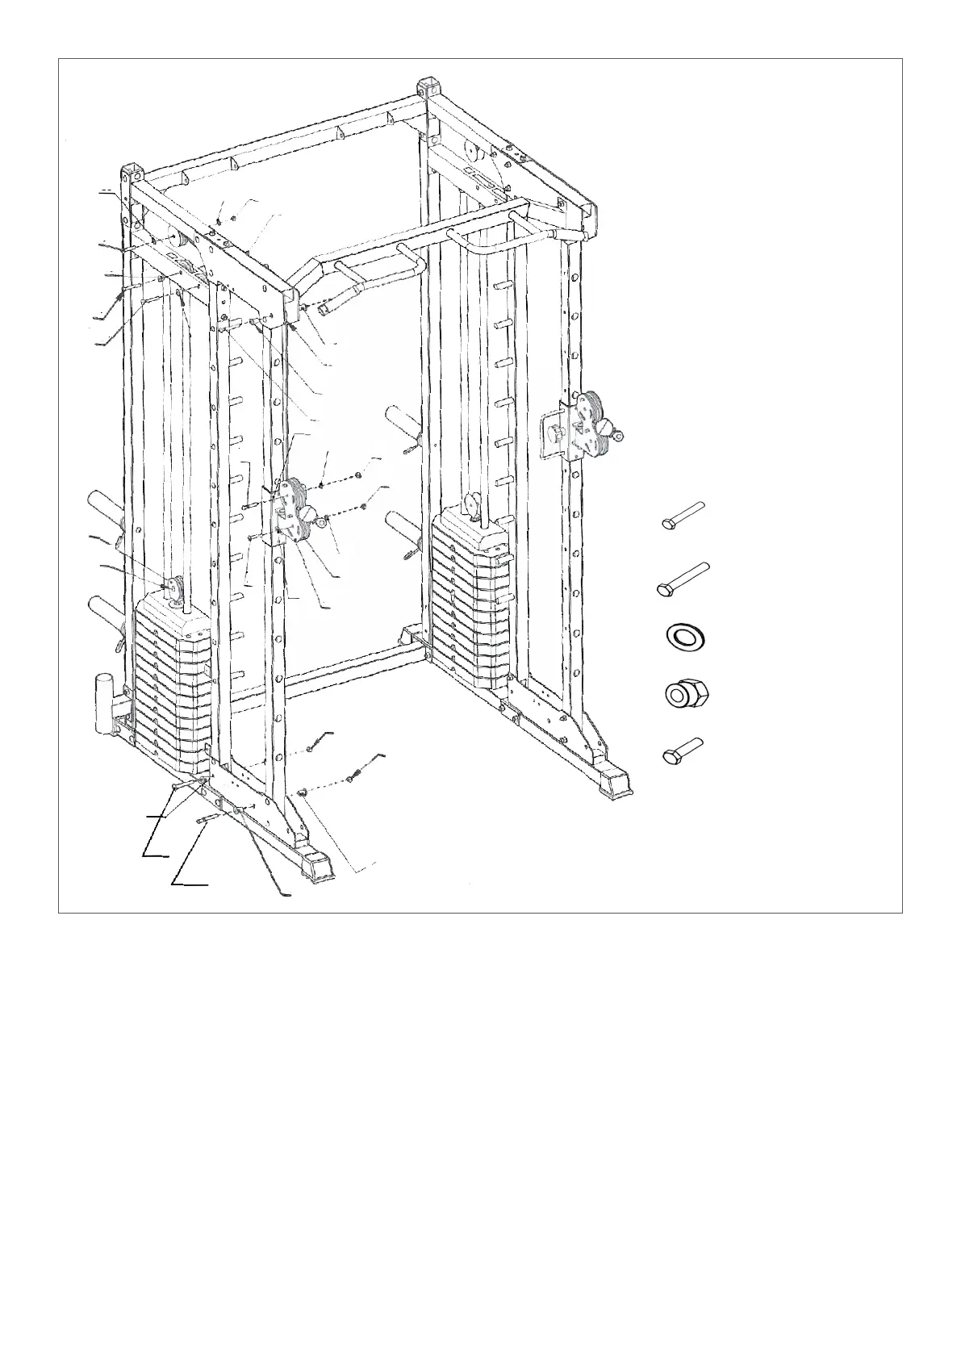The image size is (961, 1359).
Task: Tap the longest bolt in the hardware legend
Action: (683, 579)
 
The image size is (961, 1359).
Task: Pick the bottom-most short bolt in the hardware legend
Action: (682, 750)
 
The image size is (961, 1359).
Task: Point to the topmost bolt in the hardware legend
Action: (683, 514)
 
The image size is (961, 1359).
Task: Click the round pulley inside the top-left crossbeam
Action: (175, 239)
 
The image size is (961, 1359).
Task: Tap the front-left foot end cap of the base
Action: (315, 865)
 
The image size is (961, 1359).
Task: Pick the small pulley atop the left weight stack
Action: (174, 587)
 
